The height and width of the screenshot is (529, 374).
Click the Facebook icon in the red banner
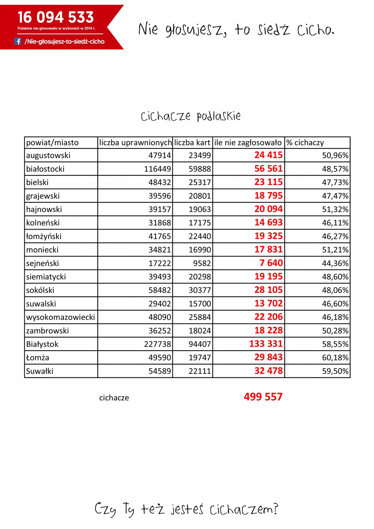(x=18, y=41)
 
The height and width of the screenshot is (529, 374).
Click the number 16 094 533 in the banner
(x=56, y=17)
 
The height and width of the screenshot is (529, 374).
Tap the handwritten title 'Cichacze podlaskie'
(x=190, y=116)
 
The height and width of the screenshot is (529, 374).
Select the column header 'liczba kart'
(x=192, y=142)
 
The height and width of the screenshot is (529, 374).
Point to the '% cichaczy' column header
(x=305, y=142)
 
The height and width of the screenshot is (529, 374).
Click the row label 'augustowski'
(x=48, y=156)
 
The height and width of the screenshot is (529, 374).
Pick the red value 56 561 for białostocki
(x=268, y=169)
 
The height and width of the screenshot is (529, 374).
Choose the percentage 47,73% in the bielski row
(x=335, y=182)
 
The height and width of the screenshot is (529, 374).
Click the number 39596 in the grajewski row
(x=160, y=196)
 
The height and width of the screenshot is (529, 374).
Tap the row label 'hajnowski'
(x=44, y=209)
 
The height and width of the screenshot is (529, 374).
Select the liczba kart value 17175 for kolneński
(x=200, y=223)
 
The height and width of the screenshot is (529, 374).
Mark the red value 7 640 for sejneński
(x=271, y=263)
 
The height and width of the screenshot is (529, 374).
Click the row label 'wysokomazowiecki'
(x=61, y=317)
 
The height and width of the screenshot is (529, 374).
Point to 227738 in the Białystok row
(x=157, y=344)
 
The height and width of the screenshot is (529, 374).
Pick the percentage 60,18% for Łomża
(x=335, y=358)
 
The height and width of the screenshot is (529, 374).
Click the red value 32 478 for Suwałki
(x=268, y=371)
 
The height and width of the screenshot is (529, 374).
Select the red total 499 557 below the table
(x=263, y=397)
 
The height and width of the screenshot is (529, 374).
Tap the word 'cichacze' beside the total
(x=114, y=398)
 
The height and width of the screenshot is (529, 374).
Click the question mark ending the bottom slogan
(x=276, y=508)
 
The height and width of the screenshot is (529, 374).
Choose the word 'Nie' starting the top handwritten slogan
(x=148, y=29)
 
